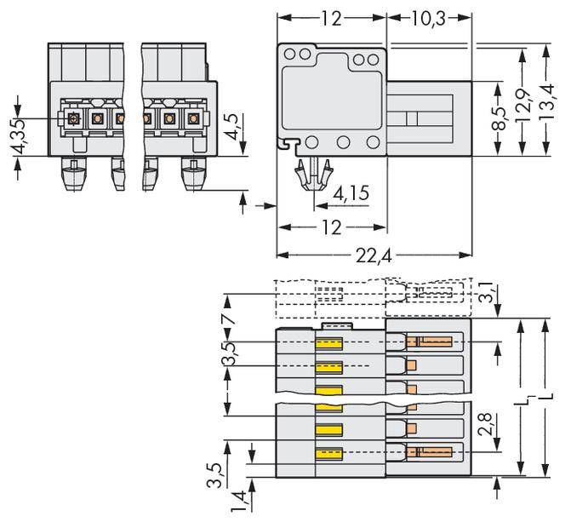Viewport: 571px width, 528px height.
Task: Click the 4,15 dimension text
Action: [x=351, y=194]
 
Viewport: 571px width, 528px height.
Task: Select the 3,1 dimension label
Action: [x=485, y=294]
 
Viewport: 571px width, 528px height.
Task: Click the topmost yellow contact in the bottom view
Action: [x=329, y=343]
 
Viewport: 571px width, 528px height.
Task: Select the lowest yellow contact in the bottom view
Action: [x=329, y=452]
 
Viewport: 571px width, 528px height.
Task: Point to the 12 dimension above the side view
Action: [x=332, y=18]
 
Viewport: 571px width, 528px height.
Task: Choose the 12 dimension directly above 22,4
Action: [x=332, y=227]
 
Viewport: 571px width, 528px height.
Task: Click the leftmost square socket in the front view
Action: [x=73, y=118]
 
